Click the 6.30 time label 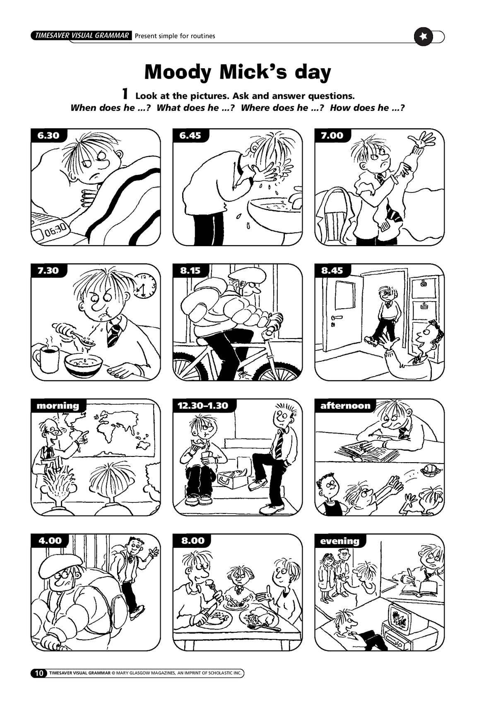[48, 135]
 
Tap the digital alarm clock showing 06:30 [50, 229]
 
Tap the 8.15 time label [190, 270]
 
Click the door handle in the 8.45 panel [336, 318]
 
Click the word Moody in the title [178, 72]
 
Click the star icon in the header [423, 36]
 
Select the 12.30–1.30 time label [203, 406]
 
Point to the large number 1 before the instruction [125, 94]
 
